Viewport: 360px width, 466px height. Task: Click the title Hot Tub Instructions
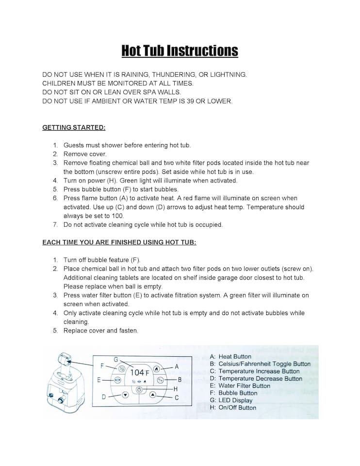pyautogui.click(x=180, y=50)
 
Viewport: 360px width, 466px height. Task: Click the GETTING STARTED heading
pyautogui.click(x=74, y=128)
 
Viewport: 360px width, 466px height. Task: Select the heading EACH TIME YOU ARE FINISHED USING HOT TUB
pyautogui.click(x=119, y=242)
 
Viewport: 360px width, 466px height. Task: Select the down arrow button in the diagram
pyautogui.click(x=125, y=395)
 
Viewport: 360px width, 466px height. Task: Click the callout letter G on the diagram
pyautogui.click(x=116, y=359)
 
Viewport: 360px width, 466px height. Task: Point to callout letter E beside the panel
pyautogui.click(x=99, y=380)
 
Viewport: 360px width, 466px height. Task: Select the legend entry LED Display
pyautogui.click(x=235, y=400)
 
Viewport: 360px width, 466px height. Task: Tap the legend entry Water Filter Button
pyautogui.click(x=244, y=386)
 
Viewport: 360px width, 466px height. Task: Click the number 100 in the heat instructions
pyautogui.click(x=117, y=216)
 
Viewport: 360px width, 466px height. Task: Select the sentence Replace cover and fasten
pyautogui.click(x=101, y=331)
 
